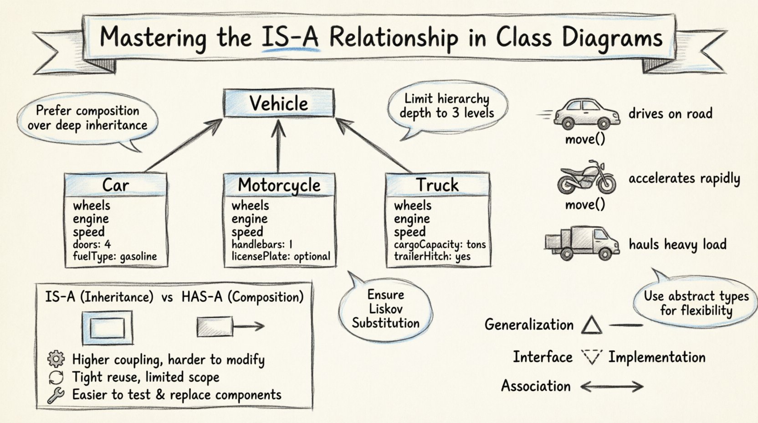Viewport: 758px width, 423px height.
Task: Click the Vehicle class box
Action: coord(278,103)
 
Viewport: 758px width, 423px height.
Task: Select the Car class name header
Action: coord(116,185)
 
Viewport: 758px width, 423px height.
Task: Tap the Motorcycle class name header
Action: coord(279,185)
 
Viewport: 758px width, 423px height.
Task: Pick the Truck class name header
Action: coord(437,185)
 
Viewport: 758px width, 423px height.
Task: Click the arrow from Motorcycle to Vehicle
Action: coord(278,146)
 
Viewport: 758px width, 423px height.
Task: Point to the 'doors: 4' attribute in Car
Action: coord(92,244)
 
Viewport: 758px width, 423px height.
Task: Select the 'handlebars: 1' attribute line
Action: coord(262,244)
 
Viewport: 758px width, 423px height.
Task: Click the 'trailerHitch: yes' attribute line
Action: coord(432,256)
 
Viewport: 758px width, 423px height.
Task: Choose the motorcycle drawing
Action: coord(586,178)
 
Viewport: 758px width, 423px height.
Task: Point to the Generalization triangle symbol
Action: coord(592,325)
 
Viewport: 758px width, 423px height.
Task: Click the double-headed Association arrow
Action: coord(612,387)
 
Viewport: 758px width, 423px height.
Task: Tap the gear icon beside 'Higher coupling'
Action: coord(56,359)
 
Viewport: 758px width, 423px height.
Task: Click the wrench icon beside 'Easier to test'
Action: coord(56,395)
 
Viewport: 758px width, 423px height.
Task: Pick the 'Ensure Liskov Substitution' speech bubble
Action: coord(385,309)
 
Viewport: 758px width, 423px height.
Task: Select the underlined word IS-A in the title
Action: coord(290,37)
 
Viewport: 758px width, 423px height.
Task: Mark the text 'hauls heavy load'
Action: coord(677,244)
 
